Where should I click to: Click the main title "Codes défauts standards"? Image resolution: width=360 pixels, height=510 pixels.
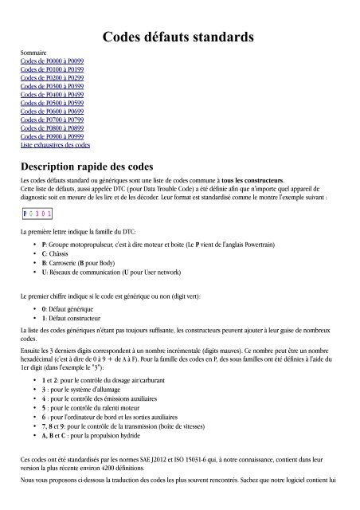pos(179,37)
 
